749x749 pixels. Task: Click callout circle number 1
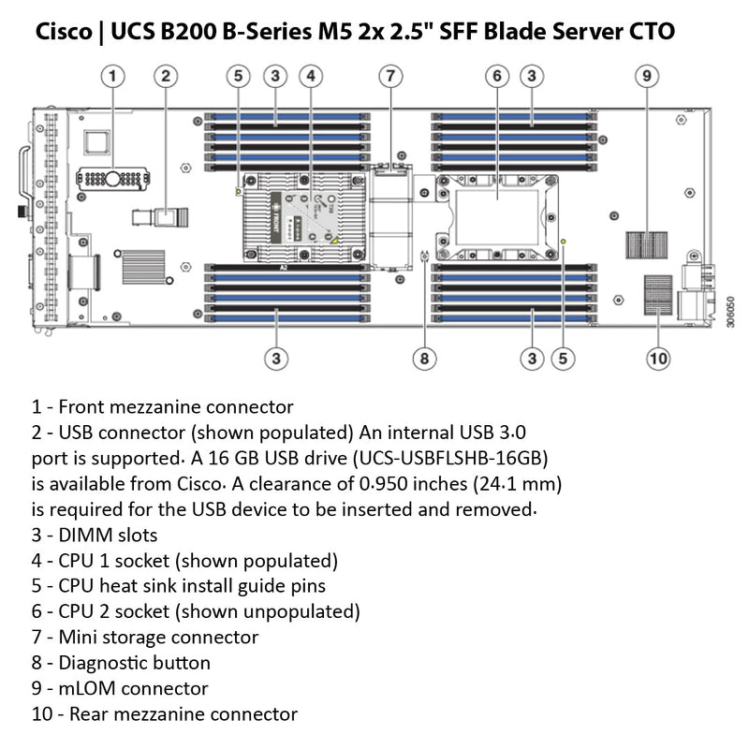pyautogui.click(x=112, y=75)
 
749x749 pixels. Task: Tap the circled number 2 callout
pyautogui.click(x=166, y=75)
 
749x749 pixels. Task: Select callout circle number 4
pyautogui.click(x=312, y=75)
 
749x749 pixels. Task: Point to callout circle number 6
pyautogui.click(x=497, y=75)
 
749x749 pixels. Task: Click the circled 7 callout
pyautogui.click(x=391, y=75)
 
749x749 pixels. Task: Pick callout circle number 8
pyautogui.click(x=424, y=357)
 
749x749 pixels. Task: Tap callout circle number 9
pyautogui.click(x=645, y=75)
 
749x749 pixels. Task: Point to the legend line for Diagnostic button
pyautogui.click(x=121, y=663)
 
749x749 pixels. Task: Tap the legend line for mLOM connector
pyautogui.click(x=120, y=688)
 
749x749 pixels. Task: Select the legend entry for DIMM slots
pyautogui.click(x=95, y=536)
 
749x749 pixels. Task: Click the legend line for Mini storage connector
pyautogui.click(x=145, y=638)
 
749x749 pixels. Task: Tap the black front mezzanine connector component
pyautogui.click(x=111, y=179)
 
